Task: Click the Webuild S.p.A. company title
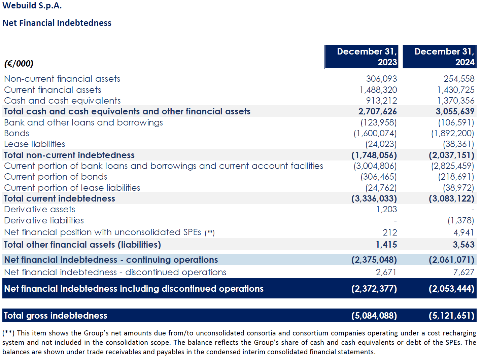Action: (32, 5)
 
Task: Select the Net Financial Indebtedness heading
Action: (57, 23)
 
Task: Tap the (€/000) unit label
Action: (19, 64)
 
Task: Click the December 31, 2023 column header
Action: (367, 57)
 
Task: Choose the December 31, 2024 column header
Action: (444, 57)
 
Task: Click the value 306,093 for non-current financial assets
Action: (381, 79)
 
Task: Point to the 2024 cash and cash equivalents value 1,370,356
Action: (456, 101)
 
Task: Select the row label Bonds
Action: (16, 133)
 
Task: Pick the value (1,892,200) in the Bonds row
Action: (453, 133)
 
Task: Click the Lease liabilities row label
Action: (35, 144)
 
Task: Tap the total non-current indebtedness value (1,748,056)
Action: (374, 155)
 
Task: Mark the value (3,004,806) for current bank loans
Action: (375, 166)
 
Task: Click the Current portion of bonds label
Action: (56, 177)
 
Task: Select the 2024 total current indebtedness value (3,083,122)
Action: (452, 199)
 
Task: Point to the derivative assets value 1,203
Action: (386, 209)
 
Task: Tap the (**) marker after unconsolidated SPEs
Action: (210, 232)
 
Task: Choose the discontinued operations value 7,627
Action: (464, 272)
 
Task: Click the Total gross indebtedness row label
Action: (56, 316)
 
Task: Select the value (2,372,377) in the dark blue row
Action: (374, 289)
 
